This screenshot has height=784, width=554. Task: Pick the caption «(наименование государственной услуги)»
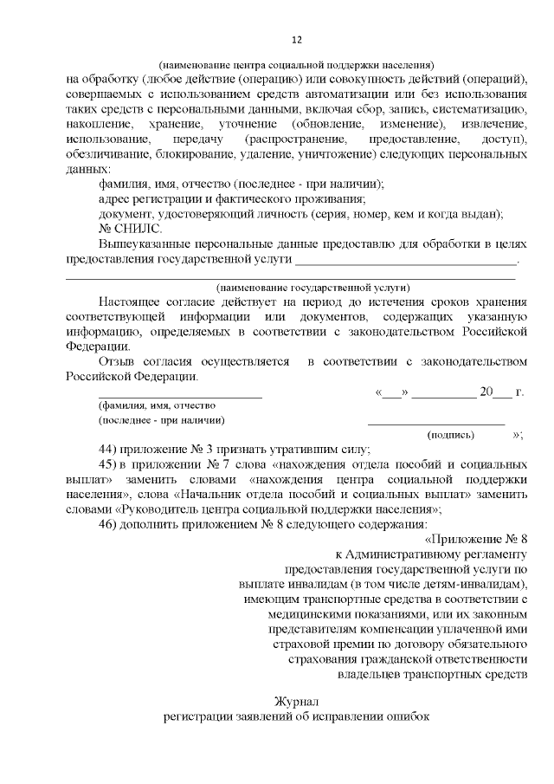312,287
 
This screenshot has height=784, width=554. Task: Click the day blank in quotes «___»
392,392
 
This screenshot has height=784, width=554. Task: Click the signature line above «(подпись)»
436,424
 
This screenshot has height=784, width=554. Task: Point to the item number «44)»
108,450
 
